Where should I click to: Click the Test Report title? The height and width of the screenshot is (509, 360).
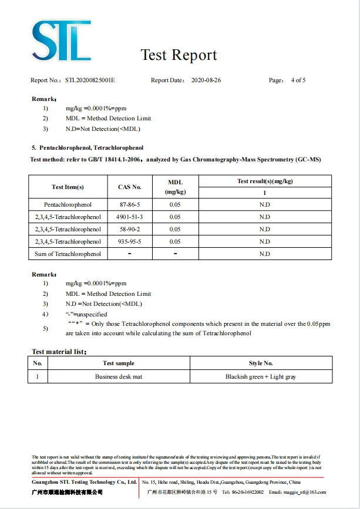179,55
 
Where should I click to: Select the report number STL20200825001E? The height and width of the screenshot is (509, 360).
90,80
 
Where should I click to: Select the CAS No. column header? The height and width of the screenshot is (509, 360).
129,187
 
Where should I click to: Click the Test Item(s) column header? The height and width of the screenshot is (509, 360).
68,187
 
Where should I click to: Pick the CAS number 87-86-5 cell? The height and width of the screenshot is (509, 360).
129,205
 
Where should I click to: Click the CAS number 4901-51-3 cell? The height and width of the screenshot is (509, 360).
129,217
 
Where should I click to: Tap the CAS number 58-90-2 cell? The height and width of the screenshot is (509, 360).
129,230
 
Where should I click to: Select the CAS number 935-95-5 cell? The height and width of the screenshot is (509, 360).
129,242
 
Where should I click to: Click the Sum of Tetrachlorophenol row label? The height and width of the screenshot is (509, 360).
68,254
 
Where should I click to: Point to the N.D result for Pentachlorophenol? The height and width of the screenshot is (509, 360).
265,205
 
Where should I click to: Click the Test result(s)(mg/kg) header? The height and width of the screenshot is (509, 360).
265,181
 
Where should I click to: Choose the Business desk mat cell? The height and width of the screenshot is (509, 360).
119,377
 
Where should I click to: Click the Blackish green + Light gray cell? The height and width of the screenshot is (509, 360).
261,377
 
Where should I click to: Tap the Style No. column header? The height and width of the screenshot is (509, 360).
261,363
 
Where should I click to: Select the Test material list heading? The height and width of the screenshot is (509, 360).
59,352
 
